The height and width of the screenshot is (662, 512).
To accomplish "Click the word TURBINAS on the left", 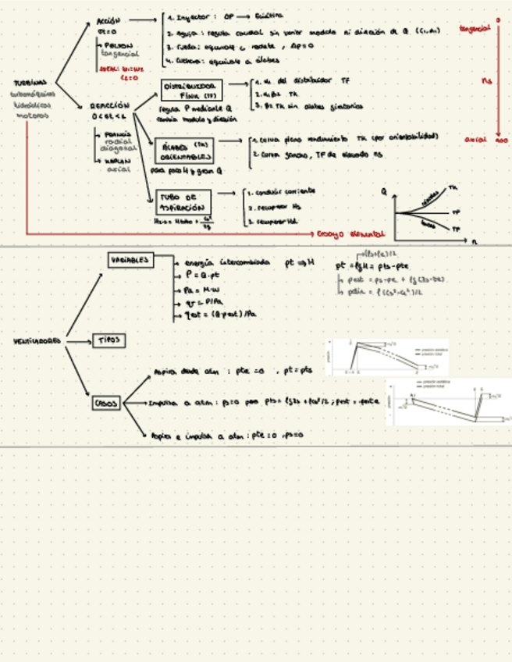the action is (30, 83).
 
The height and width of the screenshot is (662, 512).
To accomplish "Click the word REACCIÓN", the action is (108, 104).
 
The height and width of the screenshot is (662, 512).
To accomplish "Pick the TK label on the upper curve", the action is (453, 188).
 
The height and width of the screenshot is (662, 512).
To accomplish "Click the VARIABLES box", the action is (130, 260).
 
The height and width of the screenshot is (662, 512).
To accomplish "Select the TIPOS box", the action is (108, 340).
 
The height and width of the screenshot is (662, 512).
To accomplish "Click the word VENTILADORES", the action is (37, 341).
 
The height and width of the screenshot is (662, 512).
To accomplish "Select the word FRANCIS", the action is (116, 134).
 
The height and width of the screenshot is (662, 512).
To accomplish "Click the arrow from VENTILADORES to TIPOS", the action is (79, 341).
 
